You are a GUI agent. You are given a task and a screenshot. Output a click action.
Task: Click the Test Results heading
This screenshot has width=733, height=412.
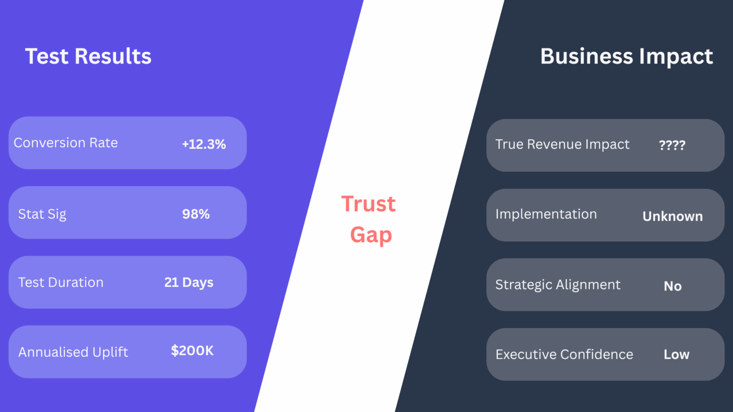[x=88, y=56]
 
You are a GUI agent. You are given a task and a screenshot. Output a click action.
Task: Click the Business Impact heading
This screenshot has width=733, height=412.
[x=626, y=57]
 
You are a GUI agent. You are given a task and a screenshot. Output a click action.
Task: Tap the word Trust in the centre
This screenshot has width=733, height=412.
[x=368, y=204]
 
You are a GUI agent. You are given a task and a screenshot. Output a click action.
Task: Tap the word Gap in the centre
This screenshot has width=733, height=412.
[x=371, y=235]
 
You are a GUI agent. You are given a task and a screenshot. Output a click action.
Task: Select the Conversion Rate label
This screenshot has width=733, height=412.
[x=66, y=143]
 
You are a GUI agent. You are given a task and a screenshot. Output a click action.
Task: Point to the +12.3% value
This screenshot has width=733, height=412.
[x=204, y=144]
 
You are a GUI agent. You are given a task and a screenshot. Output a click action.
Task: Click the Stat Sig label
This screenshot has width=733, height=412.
[x=42, y=214]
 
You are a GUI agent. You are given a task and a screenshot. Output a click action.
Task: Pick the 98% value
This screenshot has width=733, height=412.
[x=196, y=214]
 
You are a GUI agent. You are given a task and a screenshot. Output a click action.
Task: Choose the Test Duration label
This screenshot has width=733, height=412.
[x=61, y=282]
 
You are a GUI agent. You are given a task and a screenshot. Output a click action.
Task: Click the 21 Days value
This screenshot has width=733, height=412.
[x=188, y=282]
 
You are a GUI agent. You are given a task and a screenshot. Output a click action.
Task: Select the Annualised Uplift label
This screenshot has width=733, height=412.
[x=73, y=352]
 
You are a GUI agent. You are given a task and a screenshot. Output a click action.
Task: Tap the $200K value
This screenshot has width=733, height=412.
[x=192, y=351]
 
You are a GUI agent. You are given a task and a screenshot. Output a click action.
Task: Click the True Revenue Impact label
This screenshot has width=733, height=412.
[x=562, y=144]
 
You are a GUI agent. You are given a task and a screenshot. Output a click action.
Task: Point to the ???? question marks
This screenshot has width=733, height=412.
[x=672, y=145]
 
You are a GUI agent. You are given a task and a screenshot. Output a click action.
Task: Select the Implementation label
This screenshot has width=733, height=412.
[x=546, y=214]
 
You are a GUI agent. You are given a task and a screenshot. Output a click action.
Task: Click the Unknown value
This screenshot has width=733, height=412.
[x=672, y=216]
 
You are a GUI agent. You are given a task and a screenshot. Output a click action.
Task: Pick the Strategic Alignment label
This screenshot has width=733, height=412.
[x=558, y=285]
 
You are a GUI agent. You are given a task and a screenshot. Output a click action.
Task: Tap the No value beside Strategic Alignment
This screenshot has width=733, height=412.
[x=672, y=286]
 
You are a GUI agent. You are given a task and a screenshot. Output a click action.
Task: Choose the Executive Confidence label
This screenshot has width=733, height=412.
[x=564, y=354]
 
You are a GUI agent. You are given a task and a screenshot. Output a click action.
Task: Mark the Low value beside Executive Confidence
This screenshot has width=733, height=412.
[x=676, y=355]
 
